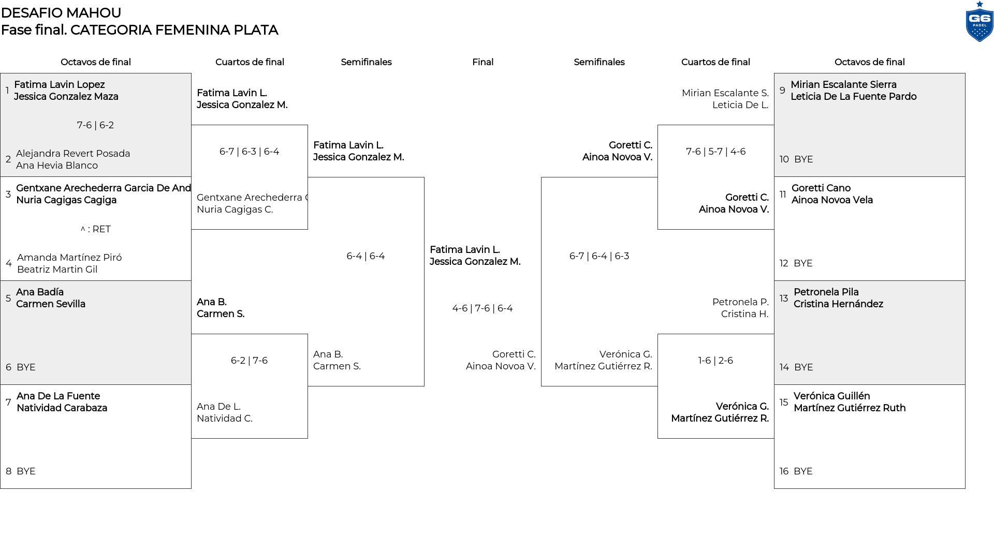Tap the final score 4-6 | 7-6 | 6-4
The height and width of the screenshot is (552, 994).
[x=483, y=308]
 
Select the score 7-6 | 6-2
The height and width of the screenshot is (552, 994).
[x=95, y=125]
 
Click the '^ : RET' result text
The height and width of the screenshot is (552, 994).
[x=96, y=229]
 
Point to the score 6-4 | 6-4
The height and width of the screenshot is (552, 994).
[x=366, y=256]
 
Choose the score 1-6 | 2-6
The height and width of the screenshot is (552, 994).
[x=715, y=361]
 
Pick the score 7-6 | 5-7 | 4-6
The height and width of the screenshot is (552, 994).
[x=715, y=152]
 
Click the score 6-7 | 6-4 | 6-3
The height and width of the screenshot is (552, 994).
[x=599, y=256]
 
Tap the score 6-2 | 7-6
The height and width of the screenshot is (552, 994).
[x=249, y=361]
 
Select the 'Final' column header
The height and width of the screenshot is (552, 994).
[x=483, y=62]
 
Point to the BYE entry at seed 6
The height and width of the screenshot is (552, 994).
[x=26, y=367]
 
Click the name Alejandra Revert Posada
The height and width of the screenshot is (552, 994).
[x=73, y=154]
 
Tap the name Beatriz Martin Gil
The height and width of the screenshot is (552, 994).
[x=57, y=270]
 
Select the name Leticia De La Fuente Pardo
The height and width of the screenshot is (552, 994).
[x=853, y=97]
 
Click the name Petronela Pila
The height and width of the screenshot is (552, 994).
[x=826, y=292]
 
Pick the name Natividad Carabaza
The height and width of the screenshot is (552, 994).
[x=62, y=408]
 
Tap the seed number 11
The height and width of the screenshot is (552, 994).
[x=783, y=195]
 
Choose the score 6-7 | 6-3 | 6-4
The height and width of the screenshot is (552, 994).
[x=249, y=152]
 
